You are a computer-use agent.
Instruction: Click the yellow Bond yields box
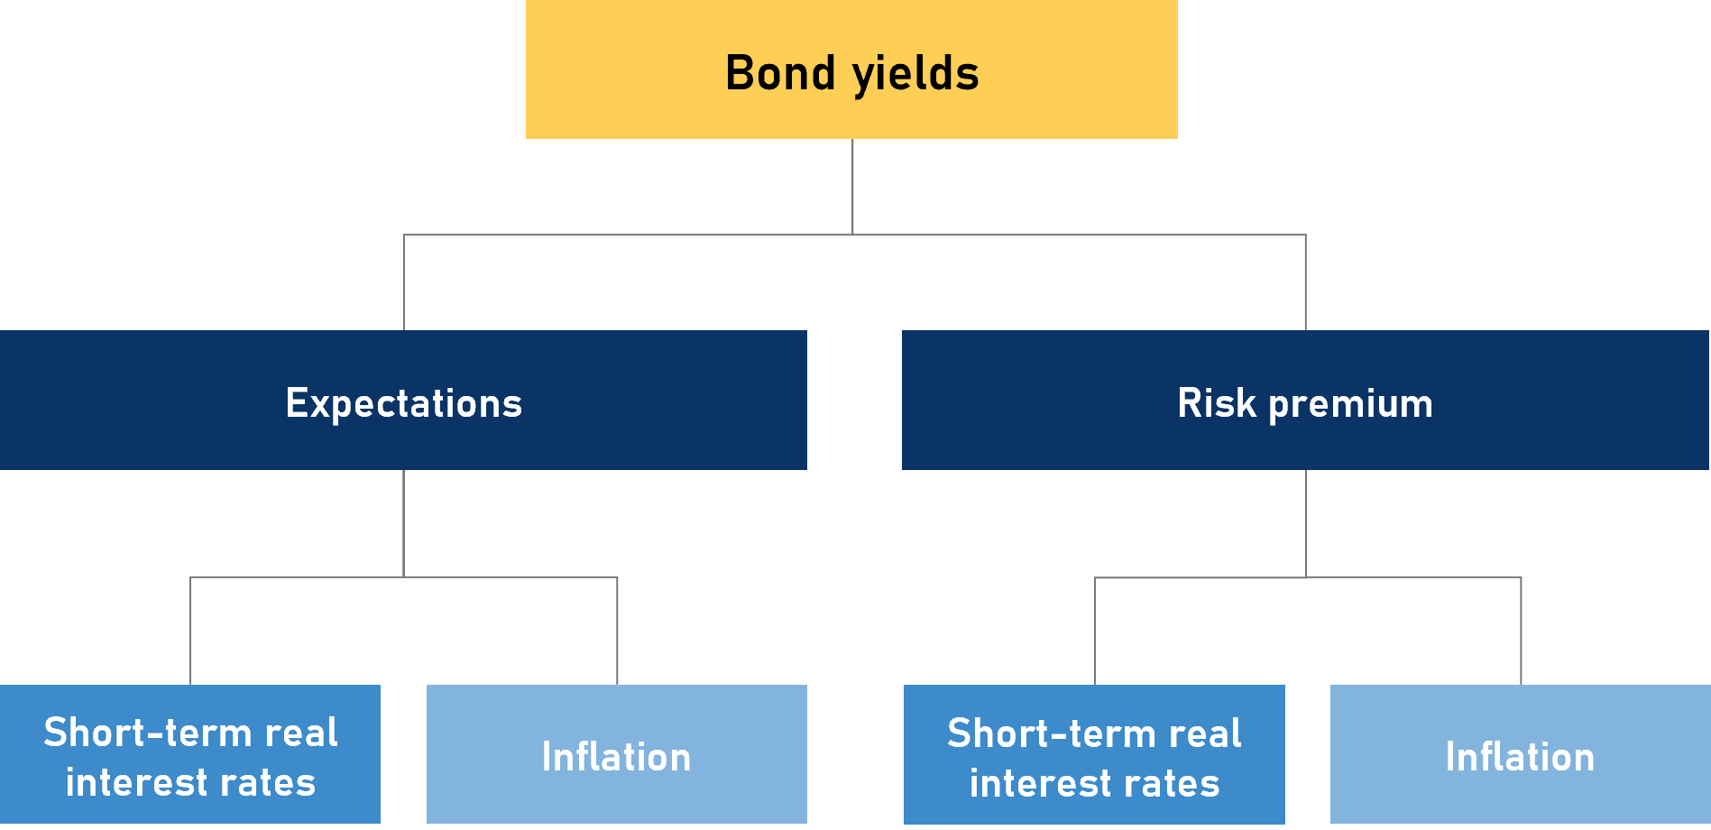(x=851, y=69)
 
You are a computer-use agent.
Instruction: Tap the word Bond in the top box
(x=780, y=73)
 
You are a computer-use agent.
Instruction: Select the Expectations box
(x=403, y=400)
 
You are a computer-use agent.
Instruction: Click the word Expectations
(x=404, y=403)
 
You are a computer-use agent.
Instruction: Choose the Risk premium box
(x=1305, y=400)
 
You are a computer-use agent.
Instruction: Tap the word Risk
(x=1217, y=402)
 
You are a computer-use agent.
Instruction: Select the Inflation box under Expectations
(x=617, y=754)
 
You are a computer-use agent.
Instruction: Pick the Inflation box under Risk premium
(x=1521, y=754)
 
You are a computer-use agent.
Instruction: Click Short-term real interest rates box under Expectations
(x=190, y=754)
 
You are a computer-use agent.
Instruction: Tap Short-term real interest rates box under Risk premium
(x=1094, y=754)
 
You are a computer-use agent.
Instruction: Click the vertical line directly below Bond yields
(x=852, y=187)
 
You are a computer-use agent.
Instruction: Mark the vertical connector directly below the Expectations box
(x=403, y=523)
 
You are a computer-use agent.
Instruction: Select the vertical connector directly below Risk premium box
(x=1305, y=523)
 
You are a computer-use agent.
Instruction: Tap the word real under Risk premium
(x=1204, y=733)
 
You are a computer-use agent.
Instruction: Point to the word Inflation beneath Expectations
(x=617, y=757)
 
